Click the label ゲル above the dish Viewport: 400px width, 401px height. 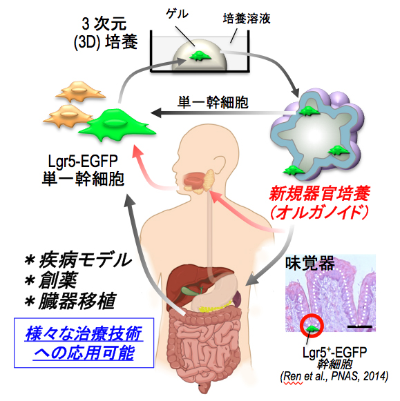click(x=177, y=13)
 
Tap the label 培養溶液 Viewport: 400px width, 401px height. click(x=247, y=19)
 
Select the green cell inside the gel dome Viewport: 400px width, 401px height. click(x=200, y=56)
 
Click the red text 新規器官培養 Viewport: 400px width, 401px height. click(x=320, y=193)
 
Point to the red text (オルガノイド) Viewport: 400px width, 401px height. click(x=320, y=212)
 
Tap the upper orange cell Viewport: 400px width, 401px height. click(x=80, y=91)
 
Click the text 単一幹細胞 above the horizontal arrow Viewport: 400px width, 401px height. click(x=213, y=103)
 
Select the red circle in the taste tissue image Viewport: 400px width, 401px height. click(x=312, y=326)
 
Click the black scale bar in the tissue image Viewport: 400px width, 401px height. click(x=359, y=326)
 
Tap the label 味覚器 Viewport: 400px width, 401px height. click(x=310, y=264)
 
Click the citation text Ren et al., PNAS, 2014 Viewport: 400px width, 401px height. click(x=334, y=376)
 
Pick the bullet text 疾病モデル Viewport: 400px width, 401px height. click(x=85, y=260)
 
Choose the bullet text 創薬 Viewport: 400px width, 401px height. click(x=58, y=280)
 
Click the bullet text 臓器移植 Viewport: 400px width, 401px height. click(x=77, y=301)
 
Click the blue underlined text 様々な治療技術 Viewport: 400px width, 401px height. click(x=84, y=333)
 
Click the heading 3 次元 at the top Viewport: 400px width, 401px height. click(x=104, y=23)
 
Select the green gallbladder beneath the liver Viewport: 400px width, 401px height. click(x=188, y=291)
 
